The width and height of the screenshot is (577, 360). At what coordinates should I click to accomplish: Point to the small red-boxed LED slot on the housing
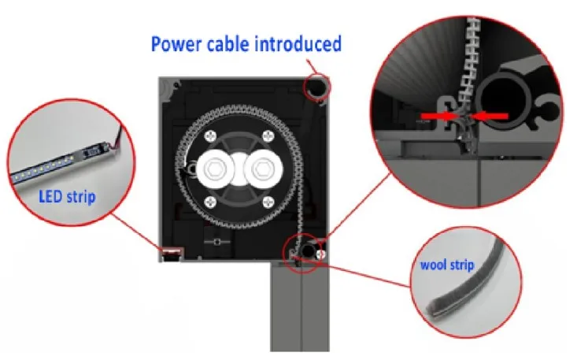(x=170, y=253)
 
